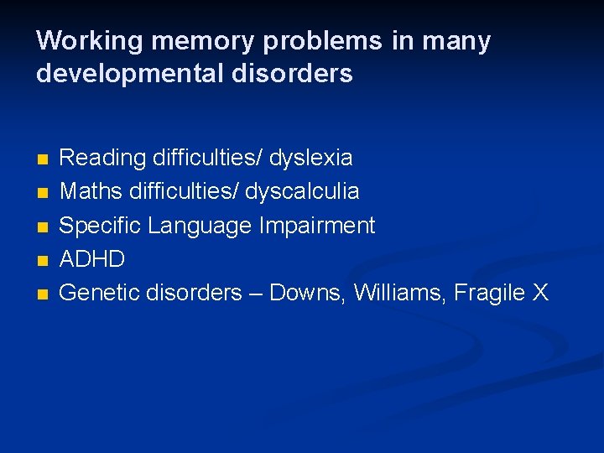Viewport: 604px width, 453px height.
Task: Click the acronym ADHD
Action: [92, 259]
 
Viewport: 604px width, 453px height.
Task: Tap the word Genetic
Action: [100, 293]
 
